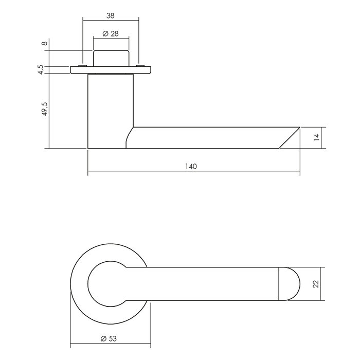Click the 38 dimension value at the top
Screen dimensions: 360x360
[110, 15]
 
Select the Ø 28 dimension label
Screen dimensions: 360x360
[110, 33]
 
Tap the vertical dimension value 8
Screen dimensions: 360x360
[46, 43]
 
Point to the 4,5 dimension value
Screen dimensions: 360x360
[46, 70]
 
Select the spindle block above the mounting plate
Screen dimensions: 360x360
[111, 58]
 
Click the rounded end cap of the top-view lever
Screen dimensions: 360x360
[289, 283]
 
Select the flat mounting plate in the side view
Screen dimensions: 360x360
[111, 70]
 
